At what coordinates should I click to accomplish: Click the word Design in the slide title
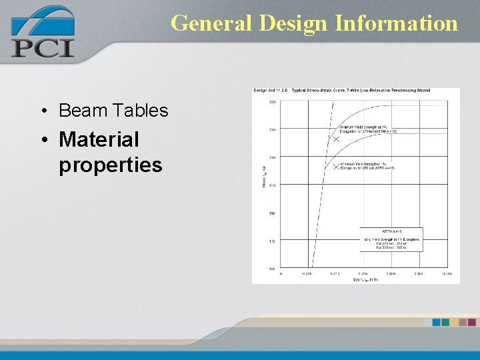tap(293, 23)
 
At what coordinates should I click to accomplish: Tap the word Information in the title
tap(397, 23)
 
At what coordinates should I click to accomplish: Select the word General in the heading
tap(211, 23)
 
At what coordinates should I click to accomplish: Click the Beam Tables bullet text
tap(113, 110)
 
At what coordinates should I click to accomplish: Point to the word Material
tap(99, 139)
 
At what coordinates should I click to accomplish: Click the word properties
tap(110, 164)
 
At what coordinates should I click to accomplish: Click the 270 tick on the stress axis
tap(272, 102)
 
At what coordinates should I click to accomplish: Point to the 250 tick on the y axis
tap(272, 129)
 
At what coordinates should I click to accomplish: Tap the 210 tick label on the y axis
tap(272, 185)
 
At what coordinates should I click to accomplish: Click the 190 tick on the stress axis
tap(272, 213)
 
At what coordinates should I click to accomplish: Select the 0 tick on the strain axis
tap(281, 273)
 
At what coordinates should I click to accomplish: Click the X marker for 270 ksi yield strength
tap(336, 139)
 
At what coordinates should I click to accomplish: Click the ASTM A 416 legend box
tap(391, 239)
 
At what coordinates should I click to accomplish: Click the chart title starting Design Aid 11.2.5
tap(341, 91)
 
